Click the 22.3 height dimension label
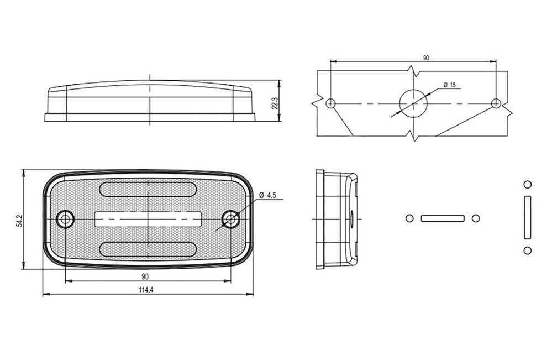[x=275, y=103]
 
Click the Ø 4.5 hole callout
[x=268, y=195]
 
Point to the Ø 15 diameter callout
[x=450, y=85]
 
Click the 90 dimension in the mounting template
[x=426, y=58]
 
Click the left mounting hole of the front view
[x=65, y=220]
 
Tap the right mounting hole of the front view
[x=231, y=220]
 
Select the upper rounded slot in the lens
[x=148, y=189]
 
